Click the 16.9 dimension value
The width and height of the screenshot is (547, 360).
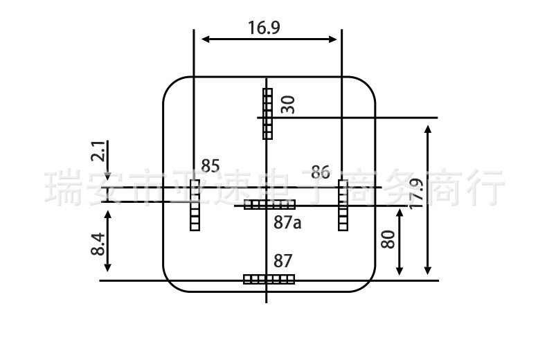(x=264, y=28)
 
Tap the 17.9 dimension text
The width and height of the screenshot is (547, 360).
(x=416, y=194)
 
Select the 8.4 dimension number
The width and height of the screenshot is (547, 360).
(x=98, y=244)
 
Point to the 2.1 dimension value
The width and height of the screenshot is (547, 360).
(x=98, y=151)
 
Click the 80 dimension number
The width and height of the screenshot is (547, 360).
(x=388, y=240)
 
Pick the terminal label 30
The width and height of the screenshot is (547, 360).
(x=288, y=105)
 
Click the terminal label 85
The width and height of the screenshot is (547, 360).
(x=210, y=166)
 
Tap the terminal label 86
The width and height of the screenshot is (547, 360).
(x=321, y=172)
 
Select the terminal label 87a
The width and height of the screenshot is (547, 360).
(x=287, y=222)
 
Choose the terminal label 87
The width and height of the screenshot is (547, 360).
(x=283, y=261)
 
